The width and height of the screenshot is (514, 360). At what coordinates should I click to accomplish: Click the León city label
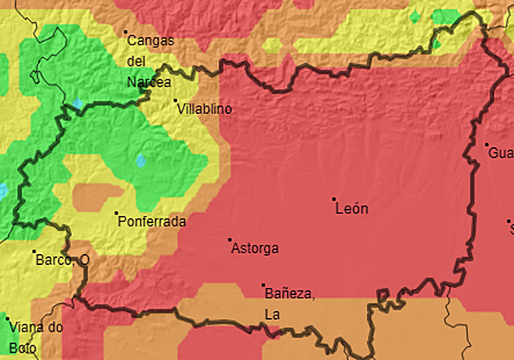(x=352, y=209)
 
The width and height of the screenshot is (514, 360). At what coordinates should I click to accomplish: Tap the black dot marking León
(x=334, y=199)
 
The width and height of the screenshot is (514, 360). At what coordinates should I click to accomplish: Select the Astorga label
(x=255, y=249)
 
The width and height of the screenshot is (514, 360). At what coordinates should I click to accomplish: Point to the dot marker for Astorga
(x=230, y=240)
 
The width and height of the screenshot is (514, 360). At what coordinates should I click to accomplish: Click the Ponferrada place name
(x=152, y=222)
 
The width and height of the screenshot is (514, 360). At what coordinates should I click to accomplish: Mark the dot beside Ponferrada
(x=117, y=213)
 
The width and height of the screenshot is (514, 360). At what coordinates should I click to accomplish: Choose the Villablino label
(x=206, y=109)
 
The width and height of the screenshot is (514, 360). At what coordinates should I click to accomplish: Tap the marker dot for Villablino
(x=176, y=100)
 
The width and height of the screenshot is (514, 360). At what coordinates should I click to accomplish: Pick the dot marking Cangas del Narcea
(x=125, y=32)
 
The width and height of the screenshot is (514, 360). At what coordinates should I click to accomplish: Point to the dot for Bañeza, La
(x=263, y=285)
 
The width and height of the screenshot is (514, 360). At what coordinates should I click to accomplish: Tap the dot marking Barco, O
(x=35, y=252)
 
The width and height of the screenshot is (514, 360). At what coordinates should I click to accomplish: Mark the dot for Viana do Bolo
(x=8, y=319)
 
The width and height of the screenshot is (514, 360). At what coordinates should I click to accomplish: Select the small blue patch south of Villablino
(x=141, y=161)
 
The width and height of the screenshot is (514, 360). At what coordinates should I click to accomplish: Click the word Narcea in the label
(x=149, y=81)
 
